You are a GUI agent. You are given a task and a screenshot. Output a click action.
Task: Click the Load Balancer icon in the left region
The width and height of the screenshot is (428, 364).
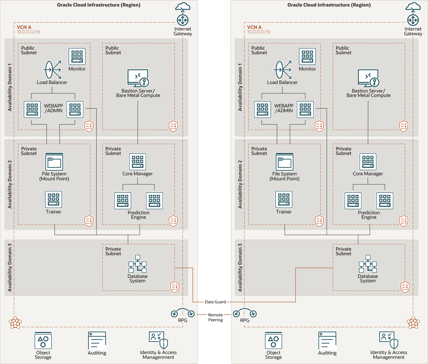tap(52, 70)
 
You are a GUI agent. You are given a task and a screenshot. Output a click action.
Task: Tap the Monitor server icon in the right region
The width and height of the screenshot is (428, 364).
tap(307, 56)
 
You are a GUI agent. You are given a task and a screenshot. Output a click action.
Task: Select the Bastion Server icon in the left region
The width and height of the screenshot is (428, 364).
tap(138, 78)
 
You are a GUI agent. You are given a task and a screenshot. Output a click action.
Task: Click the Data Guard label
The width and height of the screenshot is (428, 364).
tap(215, 302)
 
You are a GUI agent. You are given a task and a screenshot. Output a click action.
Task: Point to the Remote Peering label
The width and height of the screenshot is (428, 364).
tap(215, 317)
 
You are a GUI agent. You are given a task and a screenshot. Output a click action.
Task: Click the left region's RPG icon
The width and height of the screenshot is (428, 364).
tap(183, 313)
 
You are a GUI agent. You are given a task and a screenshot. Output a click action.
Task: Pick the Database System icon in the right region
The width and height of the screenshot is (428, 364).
tap(368, 264)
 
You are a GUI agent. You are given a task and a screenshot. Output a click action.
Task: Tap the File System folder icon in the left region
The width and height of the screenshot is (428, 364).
tap(54, 162)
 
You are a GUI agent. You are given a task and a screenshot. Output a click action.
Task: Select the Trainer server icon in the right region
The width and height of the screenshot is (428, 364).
tap(284, 199)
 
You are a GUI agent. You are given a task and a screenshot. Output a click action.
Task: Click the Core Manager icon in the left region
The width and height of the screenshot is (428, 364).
tap(138, 162)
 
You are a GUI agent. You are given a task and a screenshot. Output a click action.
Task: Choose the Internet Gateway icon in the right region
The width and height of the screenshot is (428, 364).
tap(413, 20)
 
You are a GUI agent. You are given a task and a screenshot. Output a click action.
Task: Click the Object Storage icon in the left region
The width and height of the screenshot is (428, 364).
tap(43, 341)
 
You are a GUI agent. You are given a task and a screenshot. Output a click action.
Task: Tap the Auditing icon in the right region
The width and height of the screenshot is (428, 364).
tap(327, 341)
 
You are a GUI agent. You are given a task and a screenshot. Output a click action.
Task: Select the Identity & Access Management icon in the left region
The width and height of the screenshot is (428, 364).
tap(158, 340)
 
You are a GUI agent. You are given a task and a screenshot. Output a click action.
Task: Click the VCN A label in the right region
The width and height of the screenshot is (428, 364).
tap(254, 27)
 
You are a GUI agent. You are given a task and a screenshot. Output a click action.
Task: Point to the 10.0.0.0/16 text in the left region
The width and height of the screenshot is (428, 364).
tap(28, 32)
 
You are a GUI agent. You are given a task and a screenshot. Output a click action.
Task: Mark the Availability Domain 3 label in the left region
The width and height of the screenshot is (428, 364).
tap(10, 267)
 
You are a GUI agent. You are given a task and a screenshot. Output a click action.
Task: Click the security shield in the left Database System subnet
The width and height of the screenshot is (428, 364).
tap(175, 287)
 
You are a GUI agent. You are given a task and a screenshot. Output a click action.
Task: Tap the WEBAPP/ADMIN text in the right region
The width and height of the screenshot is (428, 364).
tap(284, 108)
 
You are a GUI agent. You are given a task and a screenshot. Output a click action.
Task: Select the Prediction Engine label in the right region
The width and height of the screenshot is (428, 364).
tap(369, 215)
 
